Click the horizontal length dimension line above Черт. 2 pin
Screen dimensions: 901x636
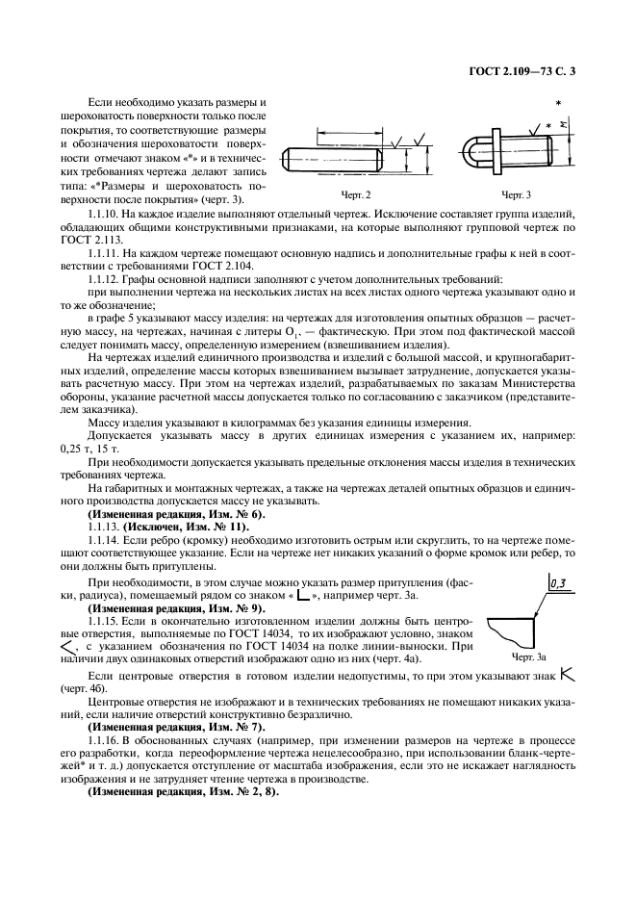[349, 134]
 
